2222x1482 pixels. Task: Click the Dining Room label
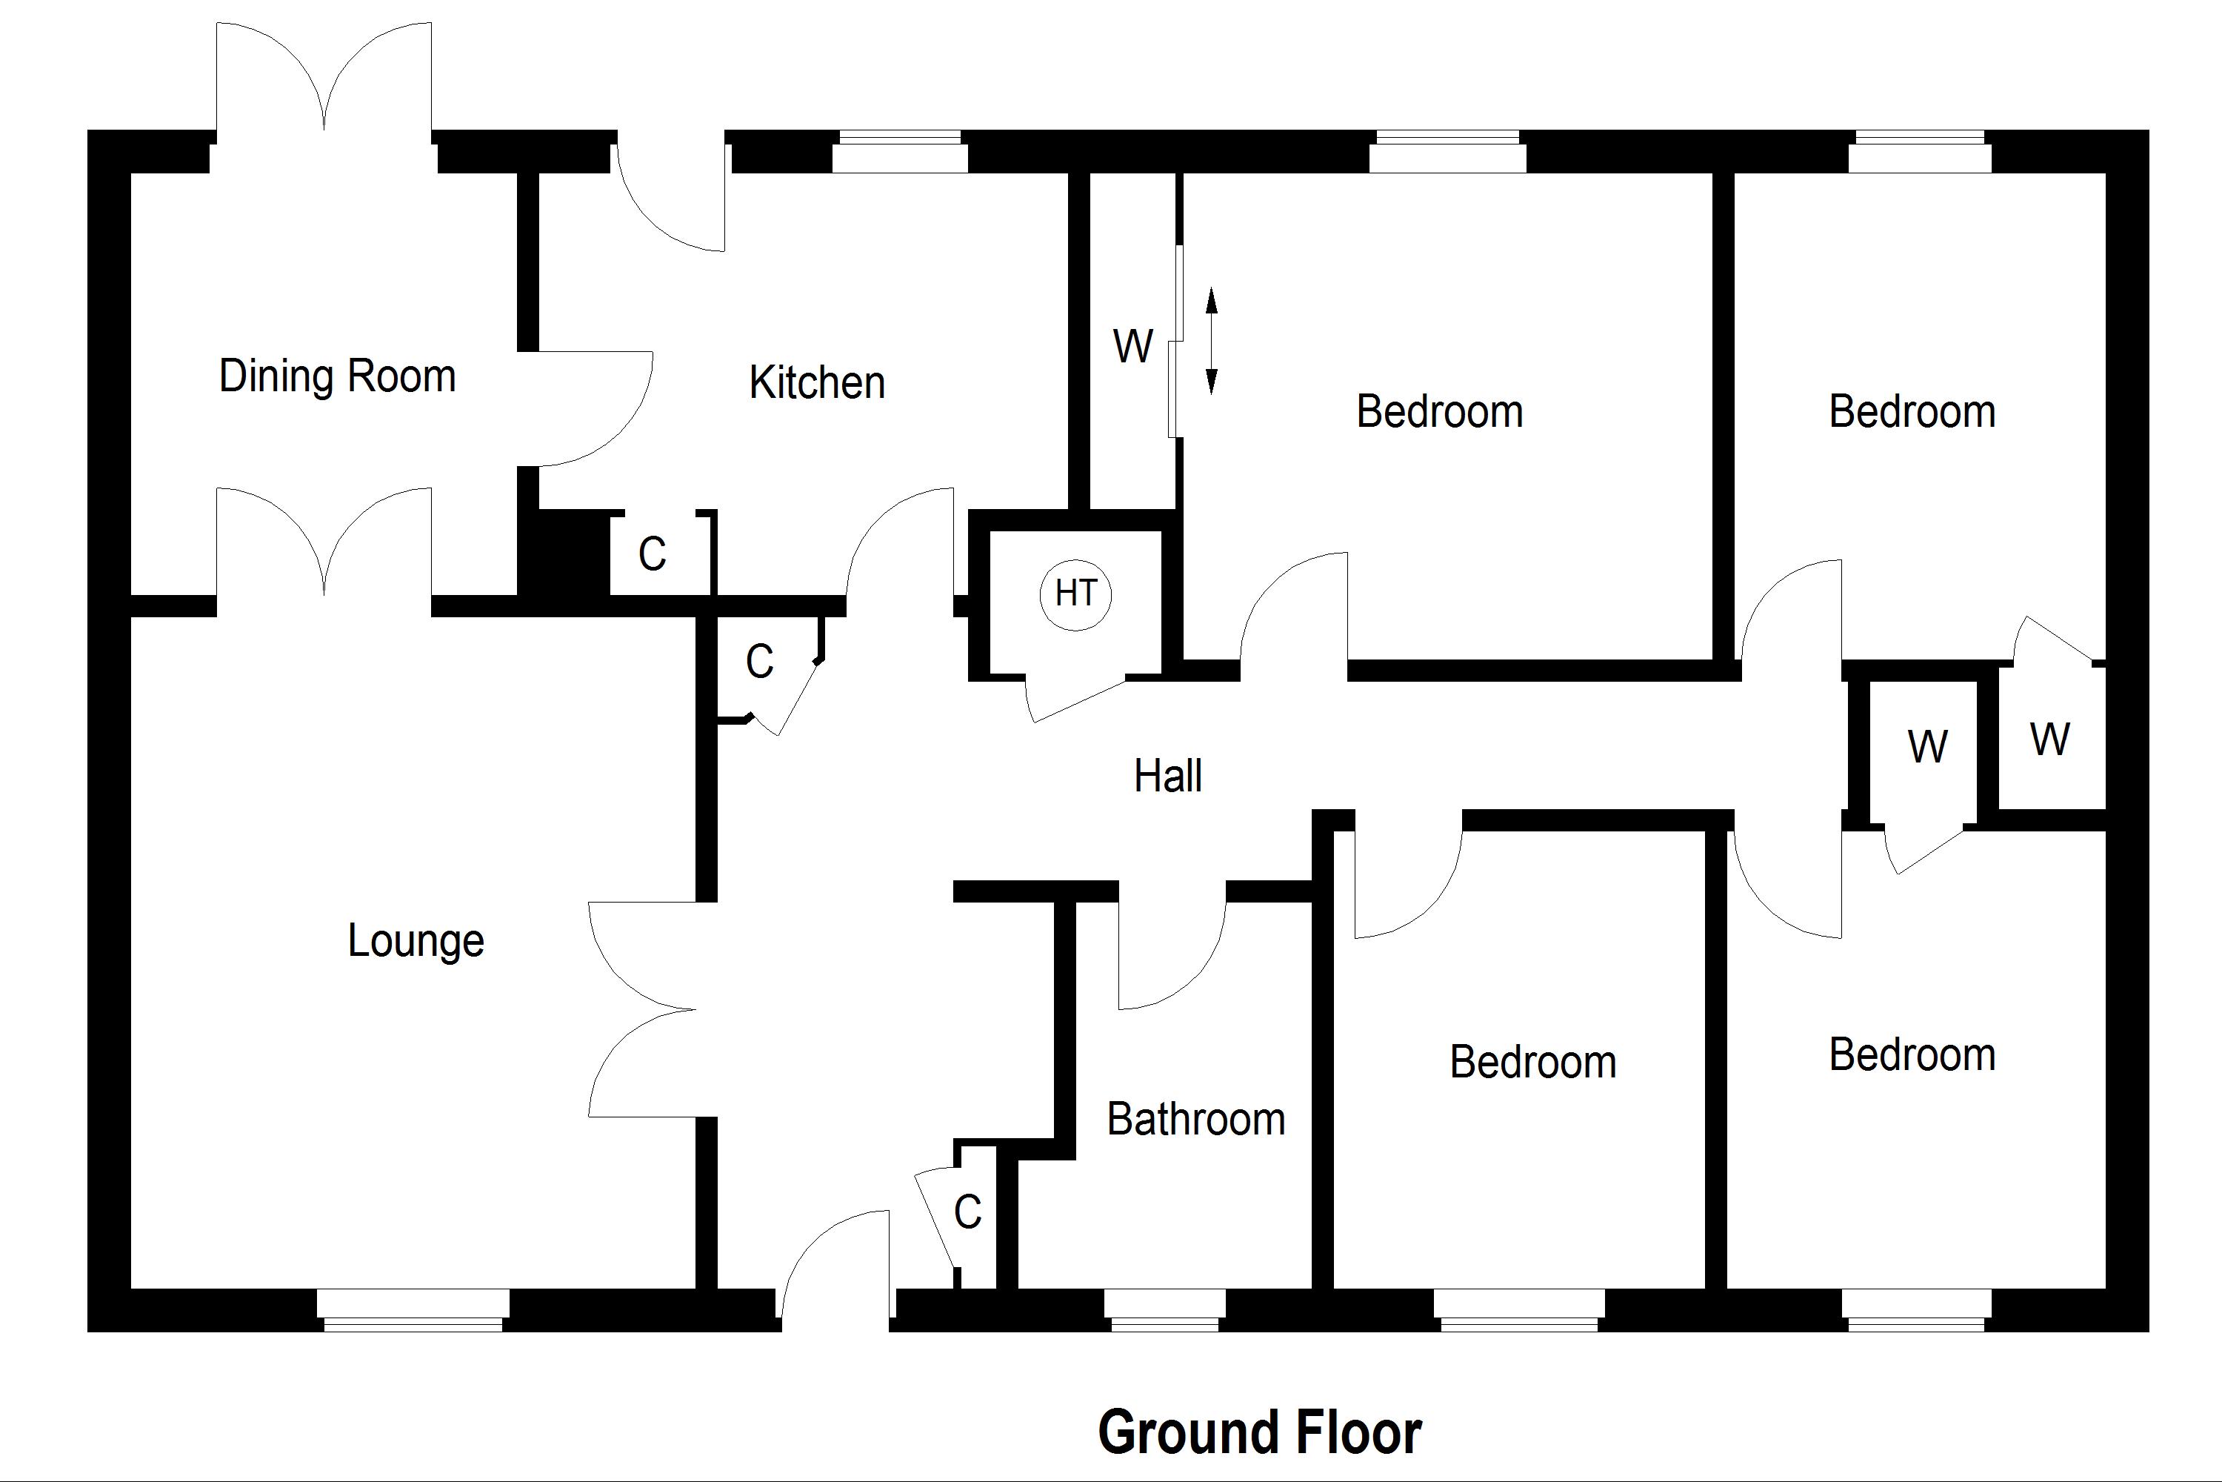(337, 376)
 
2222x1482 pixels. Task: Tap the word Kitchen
(817, 383)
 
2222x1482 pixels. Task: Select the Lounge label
(416, 940)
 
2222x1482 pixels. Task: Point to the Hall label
(1168, 776)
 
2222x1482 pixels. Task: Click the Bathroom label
(1196, 1120)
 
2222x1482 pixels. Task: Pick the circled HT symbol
(1075, 594)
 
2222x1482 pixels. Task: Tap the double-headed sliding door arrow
(1211, 341)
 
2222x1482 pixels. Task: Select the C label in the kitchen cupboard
(652, 555)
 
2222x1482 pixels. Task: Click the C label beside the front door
(967, 1212)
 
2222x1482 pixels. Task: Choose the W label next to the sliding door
(1132, 346)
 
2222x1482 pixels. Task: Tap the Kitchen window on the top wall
(899, 153)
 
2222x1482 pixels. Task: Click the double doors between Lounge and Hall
(642, 1009)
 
